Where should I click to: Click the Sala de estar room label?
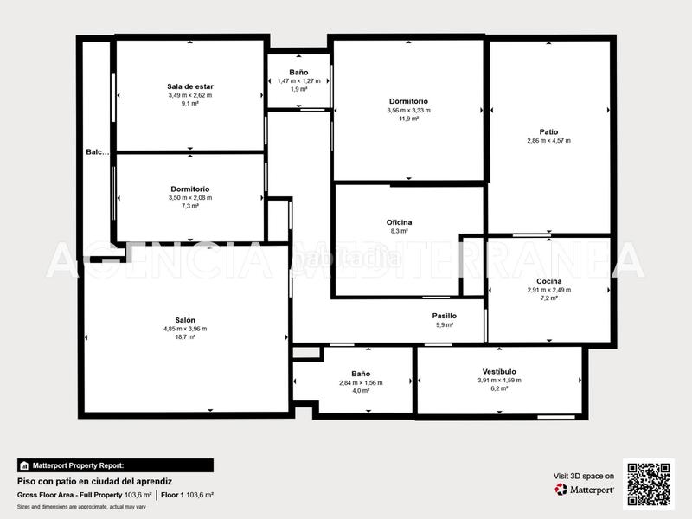(x=190, y=86)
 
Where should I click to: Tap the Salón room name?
(x=185, y=319)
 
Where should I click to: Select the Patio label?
(x=548, y=131)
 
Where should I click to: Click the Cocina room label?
(x=548, y=281)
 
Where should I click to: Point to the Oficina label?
(x=399, y=222)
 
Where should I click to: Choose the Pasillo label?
(x=445, y=316)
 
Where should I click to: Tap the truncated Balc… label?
(x=98, y=152)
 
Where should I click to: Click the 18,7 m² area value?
(x=185, y=337)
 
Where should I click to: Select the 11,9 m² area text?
(x=408, y=119)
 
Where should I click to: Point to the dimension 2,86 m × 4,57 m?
(x=548, y=140)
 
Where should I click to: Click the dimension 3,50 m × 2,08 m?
(x=190, y=197)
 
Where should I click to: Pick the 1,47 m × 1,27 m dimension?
(x=298, y=80)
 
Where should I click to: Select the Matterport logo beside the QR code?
(x=585, y=490)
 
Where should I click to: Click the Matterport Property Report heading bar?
(x=114, y=465)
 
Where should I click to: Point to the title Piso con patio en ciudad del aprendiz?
(x=95, y=480)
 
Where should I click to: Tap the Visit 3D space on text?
(x=584, y=476)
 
